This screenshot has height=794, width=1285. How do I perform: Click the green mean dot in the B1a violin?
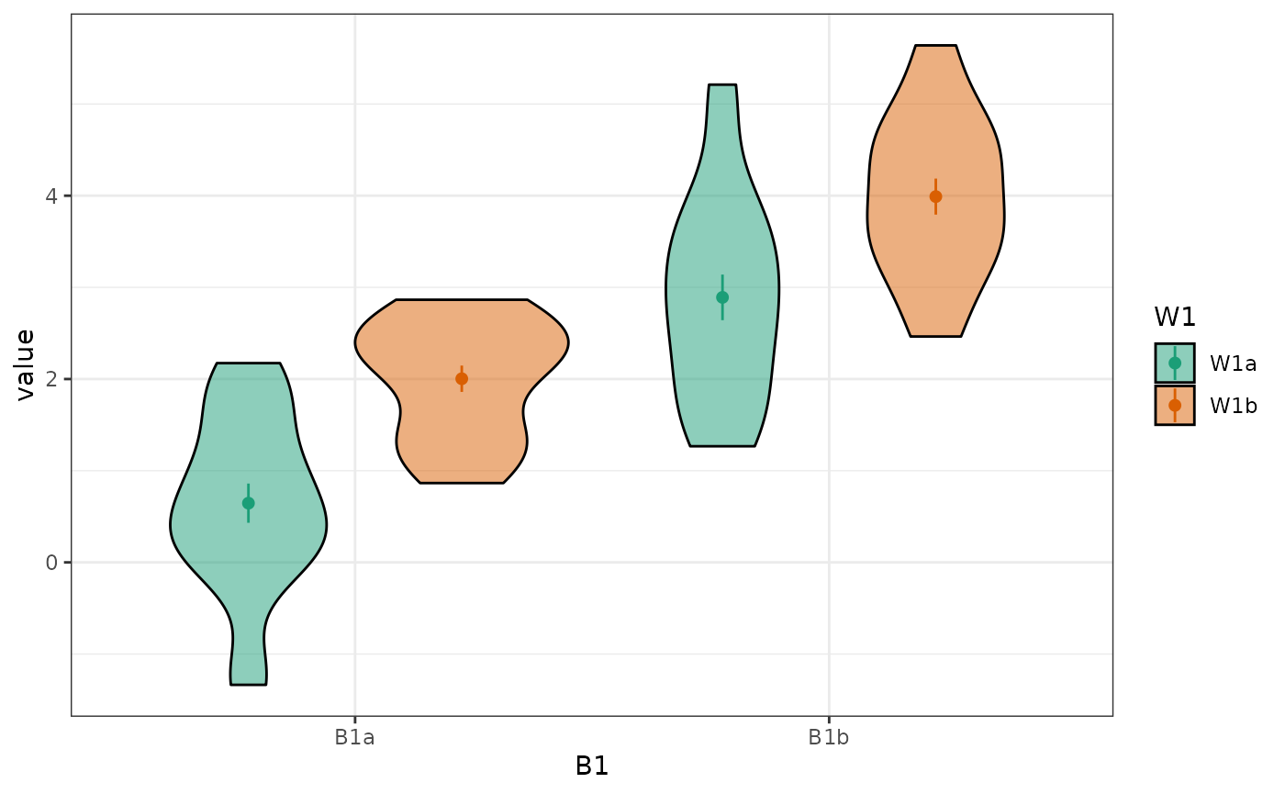coord(248,503)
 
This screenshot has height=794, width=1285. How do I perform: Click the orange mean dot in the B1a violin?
coord(462,378)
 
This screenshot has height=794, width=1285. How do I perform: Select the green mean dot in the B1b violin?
coord(722,297)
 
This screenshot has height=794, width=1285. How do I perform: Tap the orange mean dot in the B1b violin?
coord(935,196)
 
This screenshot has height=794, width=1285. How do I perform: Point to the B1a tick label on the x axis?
coord(354,737)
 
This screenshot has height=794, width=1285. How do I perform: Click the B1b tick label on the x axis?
coord(829,737)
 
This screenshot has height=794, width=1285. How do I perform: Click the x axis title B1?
coord(592,766)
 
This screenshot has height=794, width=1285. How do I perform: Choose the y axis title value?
coord(25,364)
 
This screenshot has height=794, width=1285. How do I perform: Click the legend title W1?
coord(1175,317)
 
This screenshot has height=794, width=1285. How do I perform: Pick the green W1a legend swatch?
coord(1175,363)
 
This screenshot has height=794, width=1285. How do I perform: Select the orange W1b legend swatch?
coord(1175,405)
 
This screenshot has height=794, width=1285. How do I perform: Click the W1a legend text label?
coord(1233,363)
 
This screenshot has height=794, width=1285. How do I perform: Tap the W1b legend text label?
coord(1233,406)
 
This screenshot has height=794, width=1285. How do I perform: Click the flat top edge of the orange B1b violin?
coord(935,46)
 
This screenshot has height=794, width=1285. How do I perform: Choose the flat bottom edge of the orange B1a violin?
coord(462,482)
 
